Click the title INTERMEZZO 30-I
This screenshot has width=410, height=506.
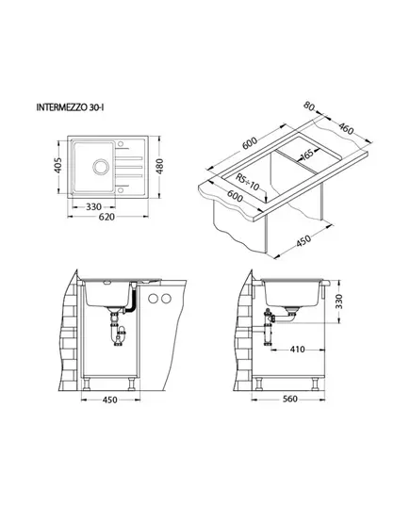click(x=70, y=107)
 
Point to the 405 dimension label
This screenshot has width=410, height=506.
click(x=57, y=166)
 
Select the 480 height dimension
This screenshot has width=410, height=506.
click(x=159, y=166)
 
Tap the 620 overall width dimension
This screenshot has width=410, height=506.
click(x=107, y=217)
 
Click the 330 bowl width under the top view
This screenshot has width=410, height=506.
click(x=93, y=206)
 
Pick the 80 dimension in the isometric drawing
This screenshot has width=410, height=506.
click(x=309, y=106)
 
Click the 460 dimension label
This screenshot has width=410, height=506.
click(x=346, y=128)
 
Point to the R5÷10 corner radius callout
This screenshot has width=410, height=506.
click(x=247, y=182)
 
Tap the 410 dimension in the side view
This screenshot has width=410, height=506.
click(x=297, y=350)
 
